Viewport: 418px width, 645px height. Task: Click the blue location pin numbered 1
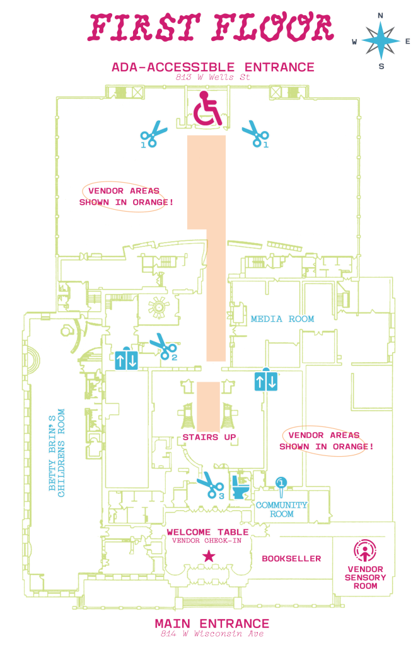(x=282, y=484)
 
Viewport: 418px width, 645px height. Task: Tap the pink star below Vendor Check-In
(x=208, y=556)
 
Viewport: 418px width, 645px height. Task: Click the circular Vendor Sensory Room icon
(x=365, y=551)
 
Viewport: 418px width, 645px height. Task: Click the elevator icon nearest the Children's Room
(x=126, y=359)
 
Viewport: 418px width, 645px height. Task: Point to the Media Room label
(x=282, y=319)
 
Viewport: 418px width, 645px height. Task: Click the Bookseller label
(x=291, y=558)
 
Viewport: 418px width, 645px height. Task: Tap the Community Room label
(x=281, y=509)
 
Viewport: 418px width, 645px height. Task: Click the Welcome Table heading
(x=207, y=532)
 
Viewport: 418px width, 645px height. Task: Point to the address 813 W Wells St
(x=212, y=77)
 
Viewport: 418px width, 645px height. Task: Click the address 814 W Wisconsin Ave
(x=212, y=633)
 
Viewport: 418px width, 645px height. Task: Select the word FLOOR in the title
(x=276, y=26)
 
